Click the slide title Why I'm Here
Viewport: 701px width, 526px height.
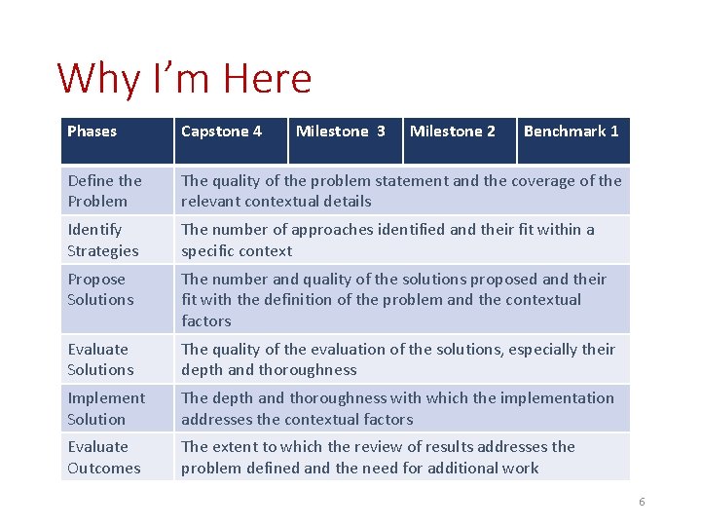(x=185, y=78)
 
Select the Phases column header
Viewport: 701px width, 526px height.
(x=92, y=131)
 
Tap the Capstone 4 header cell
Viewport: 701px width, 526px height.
(x=221, y=131)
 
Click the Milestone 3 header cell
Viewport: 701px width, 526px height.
(x=340, y=131)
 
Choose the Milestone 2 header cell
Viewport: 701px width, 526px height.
(x=453, y=131)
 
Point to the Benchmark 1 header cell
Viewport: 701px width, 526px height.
(x=572, y=131)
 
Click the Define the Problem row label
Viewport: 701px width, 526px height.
(x=104, y=191)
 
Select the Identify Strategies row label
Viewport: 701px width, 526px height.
(x=102, y=240)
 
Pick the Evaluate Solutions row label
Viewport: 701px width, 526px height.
(x=99, y=359)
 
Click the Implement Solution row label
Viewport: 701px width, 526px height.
(x=105, y=408)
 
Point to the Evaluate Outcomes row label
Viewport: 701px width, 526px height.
(x=103, y=457)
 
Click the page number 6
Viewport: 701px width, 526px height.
(x=642, y=502)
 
